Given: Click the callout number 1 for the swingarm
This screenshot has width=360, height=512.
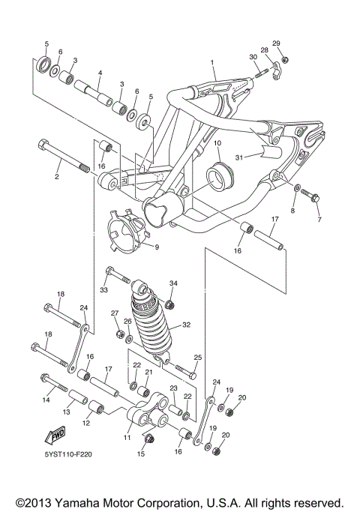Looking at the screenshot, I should tap(212, 63).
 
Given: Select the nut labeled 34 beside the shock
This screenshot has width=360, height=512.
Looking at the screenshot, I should tap(169, 304).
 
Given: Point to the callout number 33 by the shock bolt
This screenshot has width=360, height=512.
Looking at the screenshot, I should tap(103, 289).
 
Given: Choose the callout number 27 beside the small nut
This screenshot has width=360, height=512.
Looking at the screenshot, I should tap(115, 314).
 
